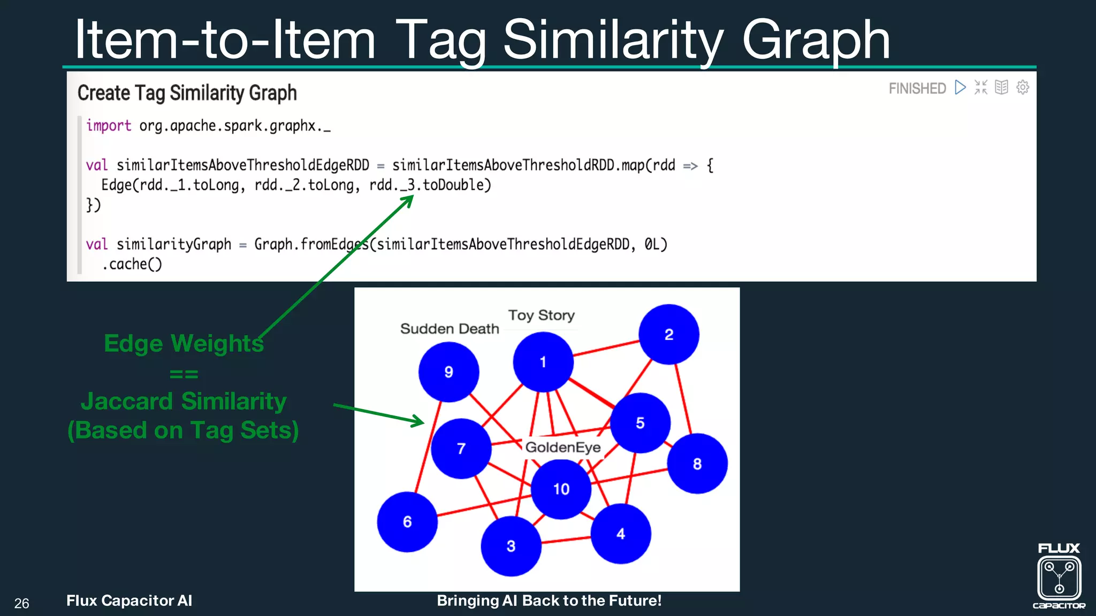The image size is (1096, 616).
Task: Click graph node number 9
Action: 448,372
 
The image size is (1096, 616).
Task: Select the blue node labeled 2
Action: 668,334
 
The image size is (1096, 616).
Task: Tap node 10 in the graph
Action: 561,489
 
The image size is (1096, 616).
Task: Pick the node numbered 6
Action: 407,521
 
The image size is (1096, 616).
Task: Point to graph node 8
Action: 697,463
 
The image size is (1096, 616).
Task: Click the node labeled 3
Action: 511,545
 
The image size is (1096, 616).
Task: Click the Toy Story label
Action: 541,315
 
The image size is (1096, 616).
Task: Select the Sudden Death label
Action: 450,328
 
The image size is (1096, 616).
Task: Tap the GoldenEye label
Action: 563,447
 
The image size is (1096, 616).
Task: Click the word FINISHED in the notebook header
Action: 917,88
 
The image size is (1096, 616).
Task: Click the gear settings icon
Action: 1023,87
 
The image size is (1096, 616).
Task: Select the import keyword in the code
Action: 109,126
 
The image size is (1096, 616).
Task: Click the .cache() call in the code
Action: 132,264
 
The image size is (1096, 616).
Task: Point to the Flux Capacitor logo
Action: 1059,577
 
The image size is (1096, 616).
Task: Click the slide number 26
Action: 21,603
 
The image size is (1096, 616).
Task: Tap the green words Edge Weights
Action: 184,343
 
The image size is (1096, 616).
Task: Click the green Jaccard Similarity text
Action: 184,401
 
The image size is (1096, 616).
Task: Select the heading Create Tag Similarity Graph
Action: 187,93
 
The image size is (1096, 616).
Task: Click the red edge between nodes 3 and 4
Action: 566,540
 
